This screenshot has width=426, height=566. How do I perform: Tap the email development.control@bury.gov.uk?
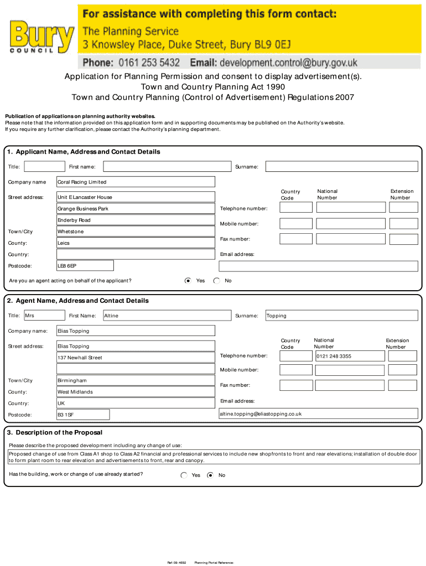(x=288, y=62)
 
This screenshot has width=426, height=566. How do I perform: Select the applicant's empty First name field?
(x=167, y=166)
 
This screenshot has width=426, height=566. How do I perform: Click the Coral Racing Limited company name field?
(x=136, y=182)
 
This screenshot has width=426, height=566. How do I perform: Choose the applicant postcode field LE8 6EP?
(x=85, y=266)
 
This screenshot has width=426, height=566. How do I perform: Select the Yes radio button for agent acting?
(x=188, y=281)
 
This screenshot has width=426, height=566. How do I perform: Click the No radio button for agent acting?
(x=216, y=281)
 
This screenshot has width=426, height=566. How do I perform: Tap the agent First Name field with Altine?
(x=167, y=316)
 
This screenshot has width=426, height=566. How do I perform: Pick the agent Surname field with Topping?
(x=341, y=316)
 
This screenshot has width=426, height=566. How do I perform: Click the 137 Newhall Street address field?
(x=136, y=358)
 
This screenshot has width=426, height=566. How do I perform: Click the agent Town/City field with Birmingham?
(x=136, y=380)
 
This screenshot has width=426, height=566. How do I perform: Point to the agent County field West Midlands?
(x=136, y=392)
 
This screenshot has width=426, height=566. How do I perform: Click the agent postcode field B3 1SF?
(x=83, y=415)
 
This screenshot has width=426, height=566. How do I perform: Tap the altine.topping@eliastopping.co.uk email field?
(x=318, y=413)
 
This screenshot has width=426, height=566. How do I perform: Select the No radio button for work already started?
(x=210, y=475)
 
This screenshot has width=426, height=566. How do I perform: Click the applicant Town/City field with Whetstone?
(x=136, y=232)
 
